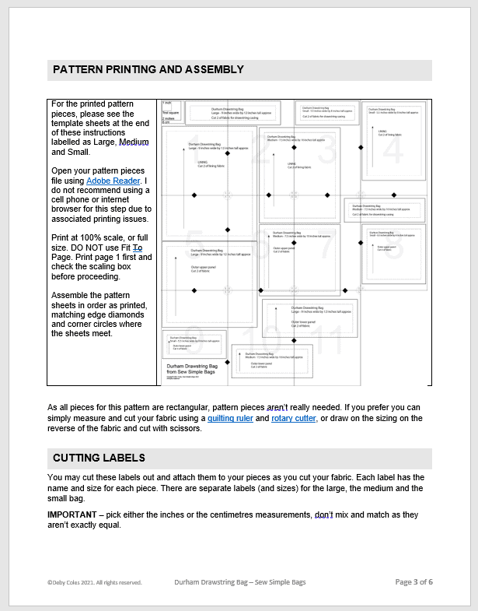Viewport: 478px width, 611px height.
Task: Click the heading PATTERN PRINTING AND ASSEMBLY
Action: point(148,70)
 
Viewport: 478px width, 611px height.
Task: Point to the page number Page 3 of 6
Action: point(413,582)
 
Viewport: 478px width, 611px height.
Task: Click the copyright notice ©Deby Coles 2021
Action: point(94,582)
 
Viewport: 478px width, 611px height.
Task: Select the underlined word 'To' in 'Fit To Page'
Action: point(138,247)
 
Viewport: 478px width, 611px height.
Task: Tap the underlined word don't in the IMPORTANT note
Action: point(325,514)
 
